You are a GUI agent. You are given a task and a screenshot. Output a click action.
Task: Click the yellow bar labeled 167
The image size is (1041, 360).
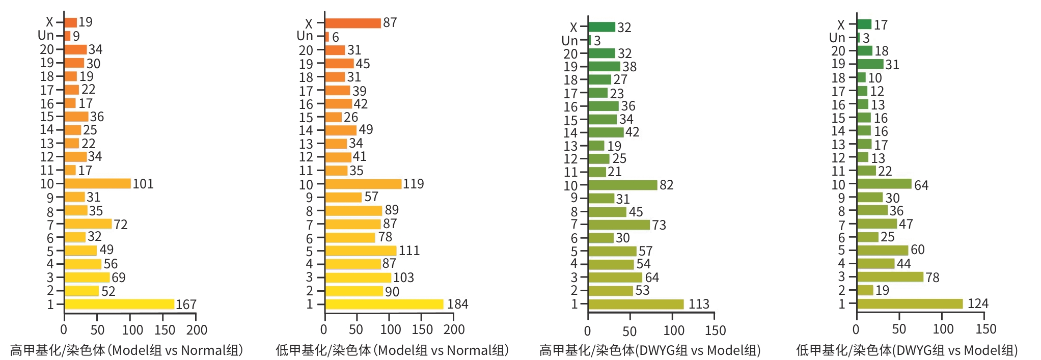click(x=119, y=304)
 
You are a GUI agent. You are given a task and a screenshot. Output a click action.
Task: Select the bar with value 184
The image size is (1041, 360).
click(x=384, y=304)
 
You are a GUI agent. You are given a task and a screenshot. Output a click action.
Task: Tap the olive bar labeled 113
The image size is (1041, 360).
click(x=636, y=304)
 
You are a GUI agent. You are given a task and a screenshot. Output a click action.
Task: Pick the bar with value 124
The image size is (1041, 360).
click(x=910, y=304)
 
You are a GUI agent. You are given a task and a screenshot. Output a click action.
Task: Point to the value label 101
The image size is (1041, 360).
click(x=143, y=184)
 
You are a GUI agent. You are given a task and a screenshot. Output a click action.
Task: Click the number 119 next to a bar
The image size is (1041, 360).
click(x=413, y=184)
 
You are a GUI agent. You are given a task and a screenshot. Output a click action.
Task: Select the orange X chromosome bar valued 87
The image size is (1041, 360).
click(x=353, y=23)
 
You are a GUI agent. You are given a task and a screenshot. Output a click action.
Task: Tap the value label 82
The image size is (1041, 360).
click(x=666, y=185)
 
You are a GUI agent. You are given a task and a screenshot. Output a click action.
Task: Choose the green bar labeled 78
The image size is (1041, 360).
click(x=890, y=277)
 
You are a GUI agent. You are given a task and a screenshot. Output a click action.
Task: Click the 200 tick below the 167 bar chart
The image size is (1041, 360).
click(x=197, y=330)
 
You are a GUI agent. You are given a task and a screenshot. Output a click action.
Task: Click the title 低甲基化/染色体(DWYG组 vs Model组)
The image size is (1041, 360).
click(x=907, y=350)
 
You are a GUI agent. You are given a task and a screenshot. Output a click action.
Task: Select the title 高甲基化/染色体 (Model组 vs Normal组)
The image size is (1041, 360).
click(x=126, y=350)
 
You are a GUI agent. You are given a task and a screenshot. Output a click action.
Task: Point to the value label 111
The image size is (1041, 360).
click(x=409, y=251)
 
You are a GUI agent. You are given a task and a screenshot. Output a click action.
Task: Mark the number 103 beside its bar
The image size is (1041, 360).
click(x=403, y=278)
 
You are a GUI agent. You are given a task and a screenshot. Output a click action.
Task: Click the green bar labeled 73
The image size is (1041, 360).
click(x=619, y=225)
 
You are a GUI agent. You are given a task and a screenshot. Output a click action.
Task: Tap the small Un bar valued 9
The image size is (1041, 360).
click(x=67, y=36)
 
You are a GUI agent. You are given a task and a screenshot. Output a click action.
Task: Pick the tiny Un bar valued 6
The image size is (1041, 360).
click(x=327, y=37)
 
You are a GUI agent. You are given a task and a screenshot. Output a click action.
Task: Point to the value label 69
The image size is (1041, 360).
click(x=118, y=278)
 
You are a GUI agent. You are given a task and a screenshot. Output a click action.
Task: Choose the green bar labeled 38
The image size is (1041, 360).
click(x=604, y=67)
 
